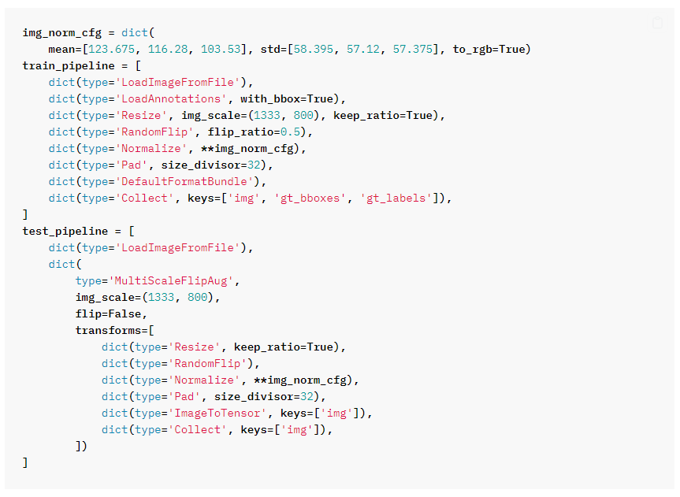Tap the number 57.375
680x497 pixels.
click(414, 50)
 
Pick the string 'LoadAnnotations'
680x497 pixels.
click(169, 99)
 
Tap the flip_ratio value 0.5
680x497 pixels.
click(289, 132)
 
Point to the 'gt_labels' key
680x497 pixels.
click(396, 198)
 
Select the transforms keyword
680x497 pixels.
click(107, 331)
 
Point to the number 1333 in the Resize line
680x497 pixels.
click(269, 116)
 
